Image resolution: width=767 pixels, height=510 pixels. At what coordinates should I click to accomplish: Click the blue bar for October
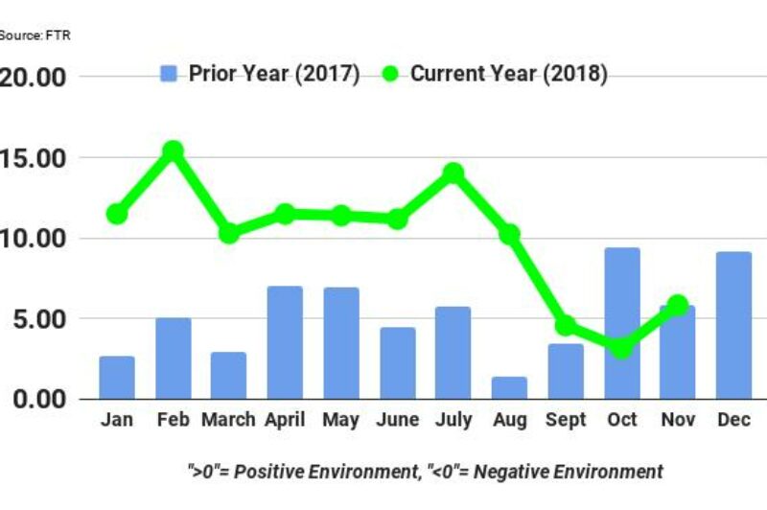(622, 323)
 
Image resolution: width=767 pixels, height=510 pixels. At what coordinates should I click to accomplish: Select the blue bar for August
(509, 387)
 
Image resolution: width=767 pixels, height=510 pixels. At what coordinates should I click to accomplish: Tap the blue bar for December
(734, 325)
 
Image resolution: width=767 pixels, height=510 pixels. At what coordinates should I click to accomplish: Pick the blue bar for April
(285, 342)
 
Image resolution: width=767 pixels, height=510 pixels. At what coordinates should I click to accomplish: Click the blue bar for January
(117, 377)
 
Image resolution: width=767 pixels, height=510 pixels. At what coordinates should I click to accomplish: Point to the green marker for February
(173, 151)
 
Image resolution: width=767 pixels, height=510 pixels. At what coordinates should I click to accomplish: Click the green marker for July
(453, 174)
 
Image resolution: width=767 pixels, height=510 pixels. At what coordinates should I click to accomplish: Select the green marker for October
(622, 347)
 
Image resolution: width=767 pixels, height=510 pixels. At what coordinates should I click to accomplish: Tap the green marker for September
(566, 326)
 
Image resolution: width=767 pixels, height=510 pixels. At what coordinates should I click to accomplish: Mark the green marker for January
(117, 214)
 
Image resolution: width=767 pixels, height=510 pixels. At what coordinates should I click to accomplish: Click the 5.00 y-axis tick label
(38, 318)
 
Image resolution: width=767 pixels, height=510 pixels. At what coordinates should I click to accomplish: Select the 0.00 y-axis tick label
(38, 399)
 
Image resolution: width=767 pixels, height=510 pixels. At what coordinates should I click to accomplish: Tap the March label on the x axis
(228, 420)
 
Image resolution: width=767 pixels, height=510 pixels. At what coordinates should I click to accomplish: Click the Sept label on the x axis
(566, 420)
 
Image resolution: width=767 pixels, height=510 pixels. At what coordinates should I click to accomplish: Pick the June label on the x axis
(397, 420)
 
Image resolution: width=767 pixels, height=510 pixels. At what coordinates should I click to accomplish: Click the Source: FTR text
(35, 35)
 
